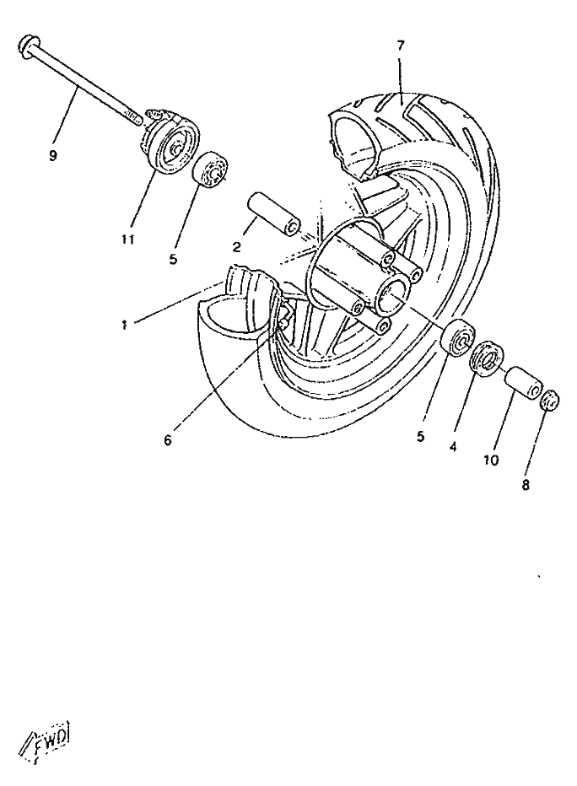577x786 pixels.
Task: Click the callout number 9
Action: click(53, 156)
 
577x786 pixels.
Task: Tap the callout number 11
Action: click(128, 240)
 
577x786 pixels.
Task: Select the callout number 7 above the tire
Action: click(400, 46)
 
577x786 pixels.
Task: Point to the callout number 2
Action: click(236, 246)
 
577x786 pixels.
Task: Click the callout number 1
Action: click(124, 326)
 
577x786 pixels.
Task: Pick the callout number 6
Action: click(168, 440)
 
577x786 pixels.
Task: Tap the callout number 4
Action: click(453, 446)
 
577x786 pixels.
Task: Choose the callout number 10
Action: click(491, 460)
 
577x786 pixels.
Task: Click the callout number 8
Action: click(526, 485)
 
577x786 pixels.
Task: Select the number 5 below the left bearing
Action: click(173, 260)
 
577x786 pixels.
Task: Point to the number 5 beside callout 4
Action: click(420, 436)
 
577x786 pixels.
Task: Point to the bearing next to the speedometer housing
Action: click(211, 170)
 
